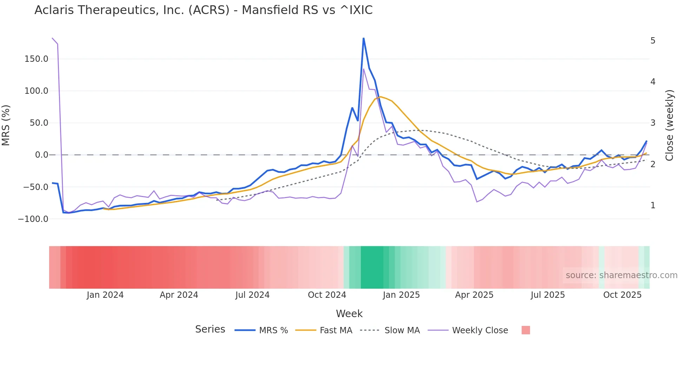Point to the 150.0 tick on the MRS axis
click(x=36, y=59)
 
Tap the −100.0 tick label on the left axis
click(x=33, y=219)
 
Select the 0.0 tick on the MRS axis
click(x=41, y=155)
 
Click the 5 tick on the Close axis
click(x=653, y=41)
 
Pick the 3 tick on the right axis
click(x=653, y=123)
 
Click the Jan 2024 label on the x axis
click(x=105, y=295)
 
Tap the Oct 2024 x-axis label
click(x=327, y=295)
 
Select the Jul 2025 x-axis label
click(x=548, y=295)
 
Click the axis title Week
click(x=349, y=314)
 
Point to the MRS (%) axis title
click(x=6, y=125)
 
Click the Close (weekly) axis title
click(x=669, y=125)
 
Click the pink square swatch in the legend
click(x=525, y=330)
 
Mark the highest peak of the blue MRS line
click(x=363, y=38)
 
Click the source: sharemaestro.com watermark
click(x=621, y=275)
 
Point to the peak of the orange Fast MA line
click(x=381, y=97)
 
